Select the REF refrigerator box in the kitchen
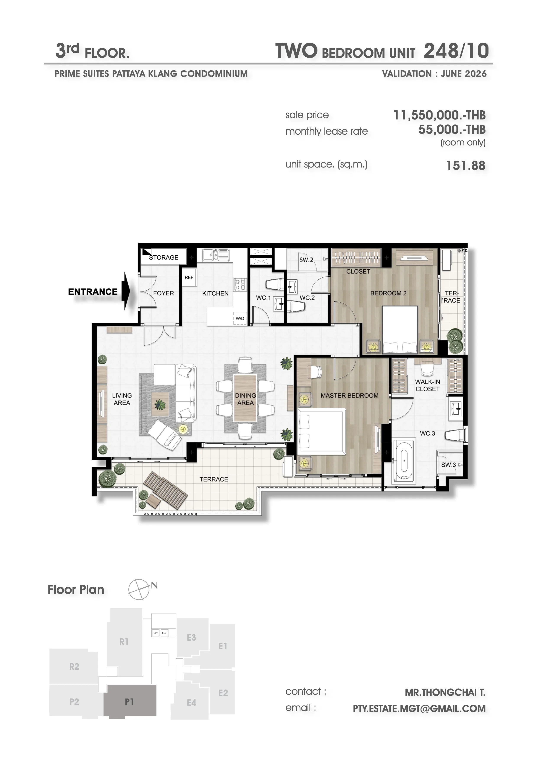[x=189, y=277]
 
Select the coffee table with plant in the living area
[x=160, y=404]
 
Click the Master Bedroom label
[x=349, y=396]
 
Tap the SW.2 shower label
[x=306, y=260]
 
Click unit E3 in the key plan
[x=192, y=638]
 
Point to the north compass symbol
[x=139, y=589]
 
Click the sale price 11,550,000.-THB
[x=440, y=115]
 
